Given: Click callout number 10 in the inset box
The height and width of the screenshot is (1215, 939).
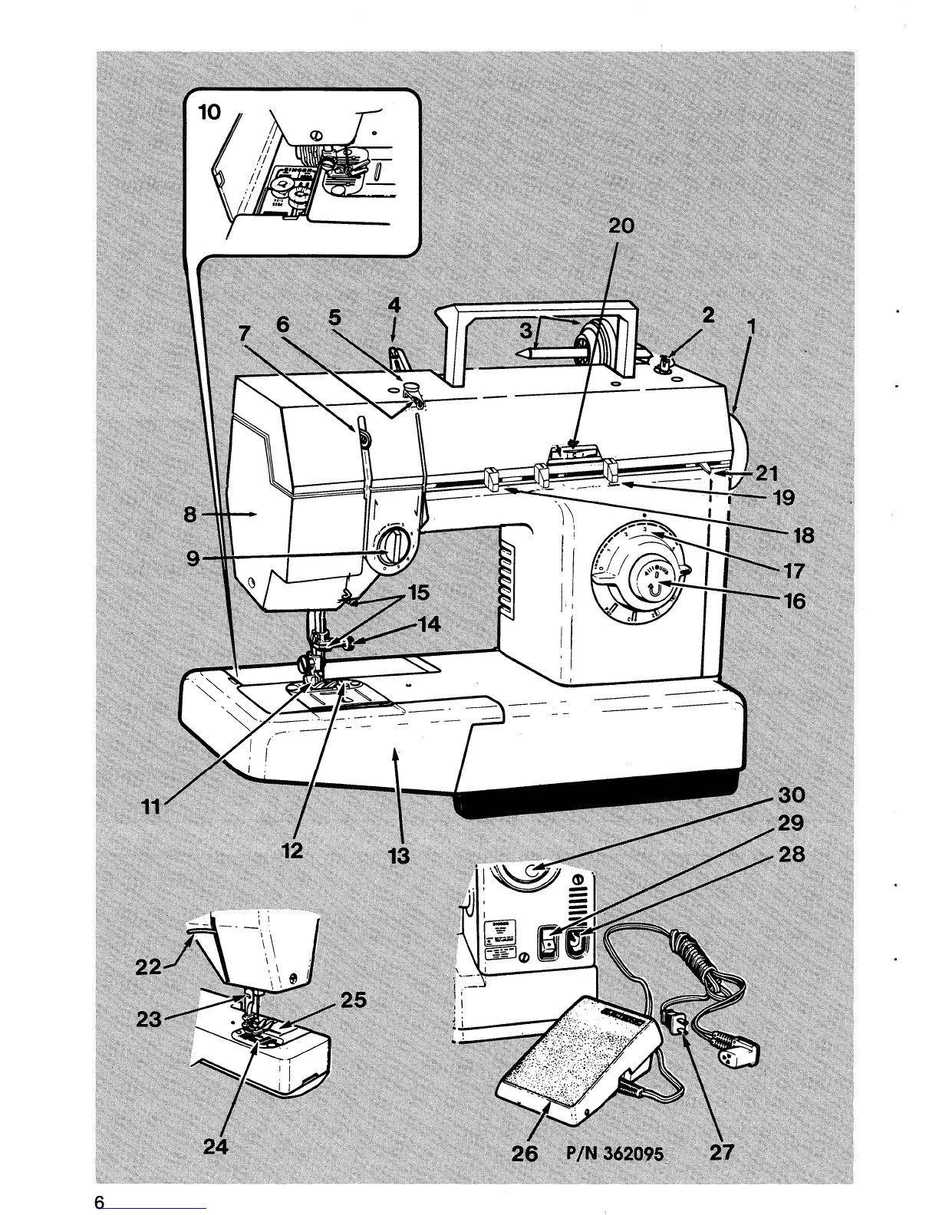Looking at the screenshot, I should (209, 113).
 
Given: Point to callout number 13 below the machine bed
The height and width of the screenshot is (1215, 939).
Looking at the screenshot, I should (399, 855).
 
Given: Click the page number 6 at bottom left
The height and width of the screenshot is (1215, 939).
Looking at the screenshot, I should (99, 1202).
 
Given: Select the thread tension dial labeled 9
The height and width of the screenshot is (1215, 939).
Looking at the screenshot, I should (392, 548).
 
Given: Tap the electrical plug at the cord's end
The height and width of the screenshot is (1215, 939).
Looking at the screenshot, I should (734, 1052).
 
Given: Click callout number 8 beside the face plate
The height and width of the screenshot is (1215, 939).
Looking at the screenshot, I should (191, 515).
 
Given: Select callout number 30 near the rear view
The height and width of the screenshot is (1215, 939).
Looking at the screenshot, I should (791, 795).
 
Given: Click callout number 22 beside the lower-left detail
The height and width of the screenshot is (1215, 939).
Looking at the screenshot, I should (147, 967).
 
